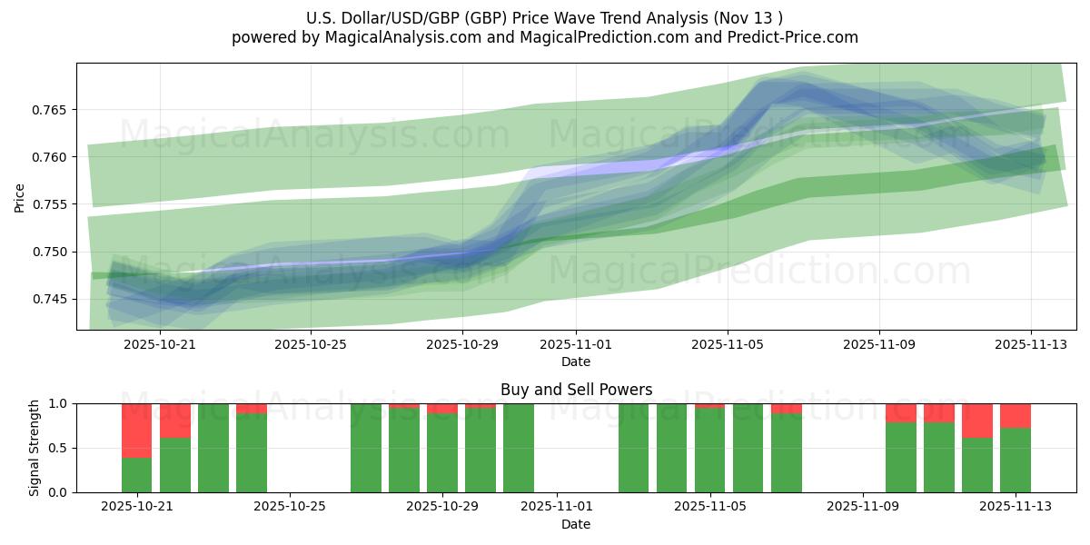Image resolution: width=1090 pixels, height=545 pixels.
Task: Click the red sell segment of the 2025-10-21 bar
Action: pyautogui.click(x=136, y=431)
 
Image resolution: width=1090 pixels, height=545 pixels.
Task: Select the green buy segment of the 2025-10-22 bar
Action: pyautogui.click(x=175, y=465)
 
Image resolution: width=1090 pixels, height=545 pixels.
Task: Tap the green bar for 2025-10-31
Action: pyautogui.click(x=519, y=448)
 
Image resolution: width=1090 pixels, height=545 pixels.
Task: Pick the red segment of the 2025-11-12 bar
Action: pyautogui.click(x=977, y=421)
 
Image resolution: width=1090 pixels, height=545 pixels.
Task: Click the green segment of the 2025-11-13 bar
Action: pyautogui.click(x=1016, y=461)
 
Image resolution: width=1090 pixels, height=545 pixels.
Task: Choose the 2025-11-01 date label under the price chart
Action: pyautogui.click(x=576, y=345)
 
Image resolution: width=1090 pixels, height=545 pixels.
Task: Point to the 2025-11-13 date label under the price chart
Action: pyautogui.click(x=1031, y=345)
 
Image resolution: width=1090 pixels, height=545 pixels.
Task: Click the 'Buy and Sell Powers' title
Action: pyautogui.click(x=576, y=390)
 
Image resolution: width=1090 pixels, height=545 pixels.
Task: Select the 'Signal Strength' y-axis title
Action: pyautogui.click(x=35, y=448)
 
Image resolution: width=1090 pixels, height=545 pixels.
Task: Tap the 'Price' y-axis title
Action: pyautogui.click(x=20, y=196)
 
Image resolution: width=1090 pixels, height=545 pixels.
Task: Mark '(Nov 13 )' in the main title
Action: pyautogui.click(x=749, y=17)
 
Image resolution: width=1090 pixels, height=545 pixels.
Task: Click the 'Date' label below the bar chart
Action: pyautogui.click(x=576, y=524)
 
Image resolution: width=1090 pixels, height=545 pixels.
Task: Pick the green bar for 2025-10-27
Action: pyautogui.click(x=366, y=448)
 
